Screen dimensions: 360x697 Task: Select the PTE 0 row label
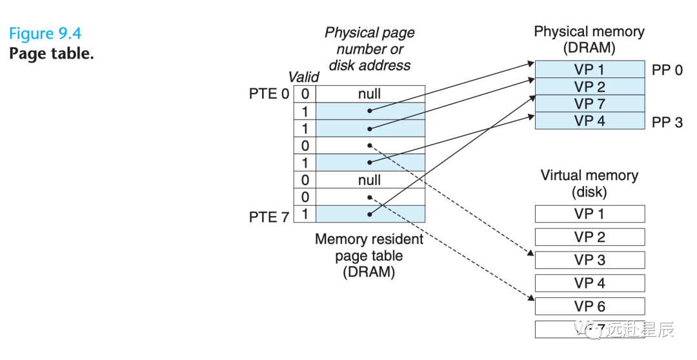tap(268, 94)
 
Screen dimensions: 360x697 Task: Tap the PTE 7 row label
tap(268, 217)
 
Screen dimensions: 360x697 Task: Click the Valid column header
tap(303, 77)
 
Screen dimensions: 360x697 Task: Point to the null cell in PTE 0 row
tap(370, 94)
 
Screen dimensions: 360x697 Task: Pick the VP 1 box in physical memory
tap(589, 70)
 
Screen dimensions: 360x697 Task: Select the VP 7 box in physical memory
tap(589, 104)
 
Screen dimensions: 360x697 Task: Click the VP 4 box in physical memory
tap(589, 121)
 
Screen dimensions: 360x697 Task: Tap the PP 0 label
tap(667, 70)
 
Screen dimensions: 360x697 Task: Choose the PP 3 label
tap(667, 122)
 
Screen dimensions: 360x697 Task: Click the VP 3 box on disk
tap(589, 260)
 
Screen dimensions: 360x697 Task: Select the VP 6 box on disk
tap(589, 306)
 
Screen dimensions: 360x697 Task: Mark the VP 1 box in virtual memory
tap(589, 214)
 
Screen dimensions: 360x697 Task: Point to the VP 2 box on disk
tap(589, 237)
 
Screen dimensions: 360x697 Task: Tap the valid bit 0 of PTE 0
tap(305, 94)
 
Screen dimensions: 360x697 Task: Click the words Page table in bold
tap(51, 54)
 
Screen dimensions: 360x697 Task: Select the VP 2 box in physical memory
tap(589, 86)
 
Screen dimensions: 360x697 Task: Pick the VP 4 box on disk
tap(589, 283)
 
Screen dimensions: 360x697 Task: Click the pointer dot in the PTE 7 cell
tap(370, 214)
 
